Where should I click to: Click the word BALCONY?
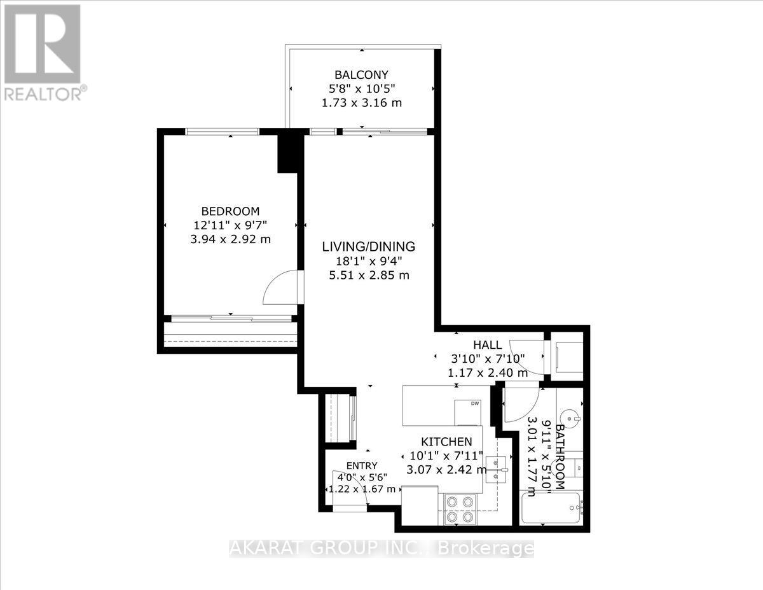coord(362,74)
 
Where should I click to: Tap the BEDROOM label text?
coord(230,211)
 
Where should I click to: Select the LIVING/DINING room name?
coord(368,246)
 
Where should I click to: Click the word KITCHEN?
coord(446,442)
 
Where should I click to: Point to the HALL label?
coord(486,344)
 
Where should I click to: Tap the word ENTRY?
coord(362,465)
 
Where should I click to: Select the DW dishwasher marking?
coord(474,404)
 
